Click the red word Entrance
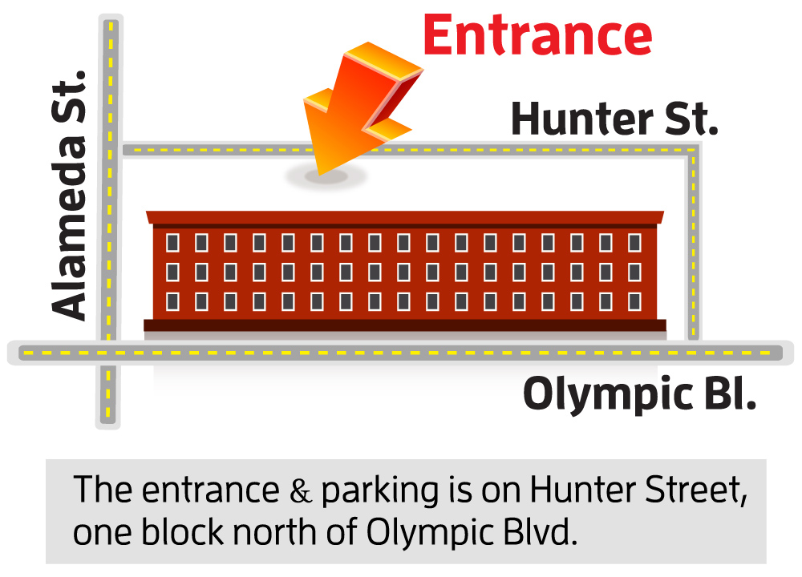tap(537, 36)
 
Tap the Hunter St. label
tap(614, 120)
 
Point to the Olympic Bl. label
tap(639, 394)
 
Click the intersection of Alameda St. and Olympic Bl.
tap(109, 352)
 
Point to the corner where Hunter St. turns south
tap(692, 151)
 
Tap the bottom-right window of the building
tap(634, 301)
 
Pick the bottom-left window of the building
tap(172, 301)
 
